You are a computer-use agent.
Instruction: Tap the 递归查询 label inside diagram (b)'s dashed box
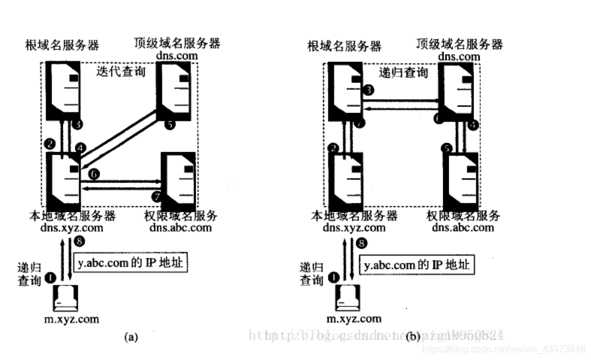coord(404,73)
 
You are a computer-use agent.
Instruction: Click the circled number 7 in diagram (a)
coord(157,197)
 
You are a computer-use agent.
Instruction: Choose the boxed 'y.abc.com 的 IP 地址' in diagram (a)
coord(130,263)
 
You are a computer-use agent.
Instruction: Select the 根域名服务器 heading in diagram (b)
coord(344,46)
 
